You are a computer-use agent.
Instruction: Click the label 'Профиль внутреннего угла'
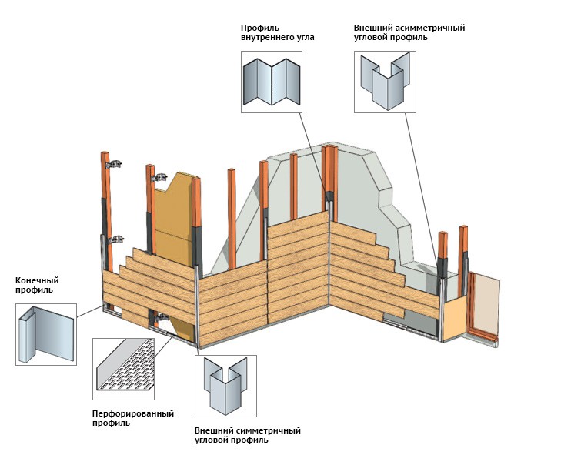pos(277,32)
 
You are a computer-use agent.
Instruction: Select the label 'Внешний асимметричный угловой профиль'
pos(409,32)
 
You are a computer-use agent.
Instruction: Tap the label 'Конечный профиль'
pos(37,285)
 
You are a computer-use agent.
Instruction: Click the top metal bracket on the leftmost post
pos(115,163)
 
